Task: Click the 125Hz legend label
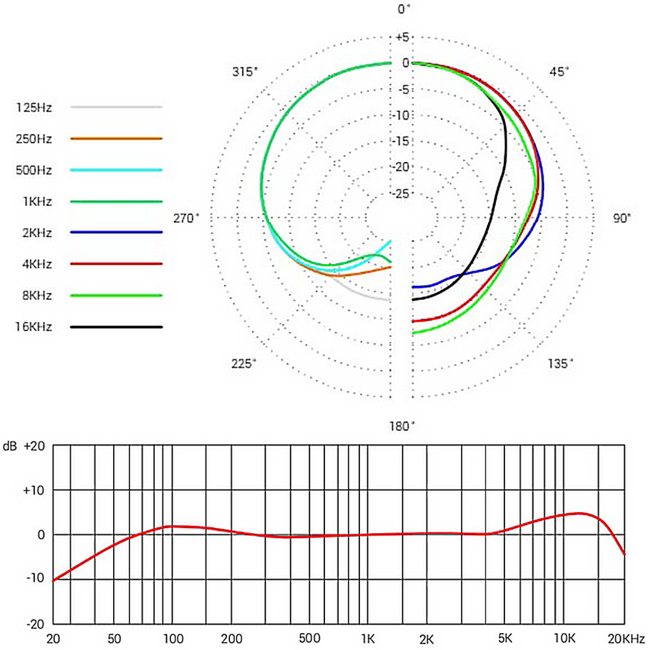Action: tap(34, 107)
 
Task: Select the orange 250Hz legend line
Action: tap(116, 138)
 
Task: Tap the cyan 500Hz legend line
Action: tap(116, 170)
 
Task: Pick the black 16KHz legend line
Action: tap(116, 327)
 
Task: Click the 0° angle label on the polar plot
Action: tap(404, 9)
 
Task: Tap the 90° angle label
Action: tap(621, 218)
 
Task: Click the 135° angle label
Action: tap(560, 363)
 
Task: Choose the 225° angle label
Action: tap(244, 363)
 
